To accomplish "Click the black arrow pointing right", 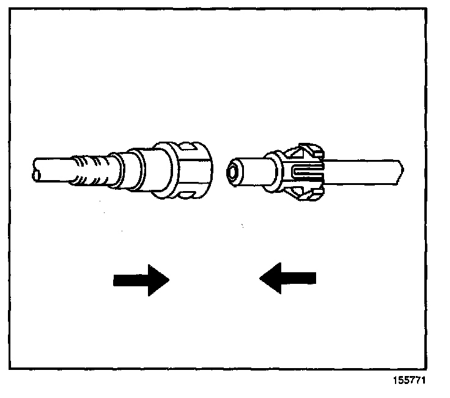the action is pyautogui.click(x=141, y=280).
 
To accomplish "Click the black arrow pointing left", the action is pyautogui.click(x=287, y=278).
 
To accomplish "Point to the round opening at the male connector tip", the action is pyautogui.click(x=233, y=172).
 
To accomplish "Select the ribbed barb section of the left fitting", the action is pyautogui.click(x=92, y=169).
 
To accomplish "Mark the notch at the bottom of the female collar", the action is pyautogui.click(x=187, y=194).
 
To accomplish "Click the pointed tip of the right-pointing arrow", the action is pyautogui.click(x=168, y=280).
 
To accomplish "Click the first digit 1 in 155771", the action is pyautogui.click(x=396, y=380).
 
